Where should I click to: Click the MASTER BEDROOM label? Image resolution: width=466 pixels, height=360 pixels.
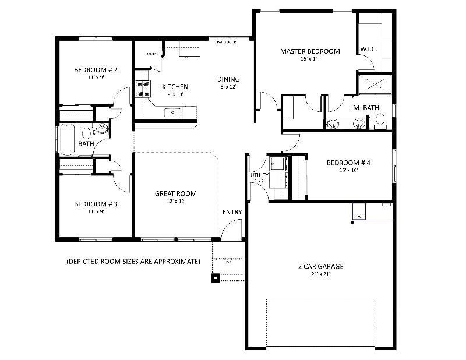point(310,51)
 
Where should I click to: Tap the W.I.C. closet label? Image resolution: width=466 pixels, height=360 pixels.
point(368,49)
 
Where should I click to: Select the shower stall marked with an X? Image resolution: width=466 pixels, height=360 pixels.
point(374,83)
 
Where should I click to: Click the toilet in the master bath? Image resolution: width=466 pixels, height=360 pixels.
point(380,121)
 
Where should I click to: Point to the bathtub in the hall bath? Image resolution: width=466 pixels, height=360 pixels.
point(67,140)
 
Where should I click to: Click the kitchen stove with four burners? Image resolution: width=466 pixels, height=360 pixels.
point(142,88)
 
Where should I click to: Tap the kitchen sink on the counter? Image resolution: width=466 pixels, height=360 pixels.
point(173,112)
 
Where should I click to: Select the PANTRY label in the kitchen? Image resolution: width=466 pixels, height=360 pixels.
point(152,54)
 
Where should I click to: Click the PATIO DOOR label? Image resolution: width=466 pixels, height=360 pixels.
point(226,42)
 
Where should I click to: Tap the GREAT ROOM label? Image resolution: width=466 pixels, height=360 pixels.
point(175,193)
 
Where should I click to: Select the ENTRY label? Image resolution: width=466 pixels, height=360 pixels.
point(232,211)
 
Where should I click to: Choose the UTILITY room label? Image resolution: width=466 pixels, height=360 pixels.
point(259,175)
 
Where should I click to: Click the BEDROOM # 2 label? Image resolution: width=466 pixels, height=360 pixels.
point(96,70)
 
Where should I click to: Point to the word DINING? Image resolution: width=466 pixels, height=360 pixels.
point(228,79)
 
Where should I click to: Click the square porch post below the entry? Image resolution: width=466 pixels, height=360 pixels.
point(216,277)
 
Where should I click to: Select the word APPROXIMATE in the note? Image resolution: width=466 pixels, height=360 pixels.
point(175,261)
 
